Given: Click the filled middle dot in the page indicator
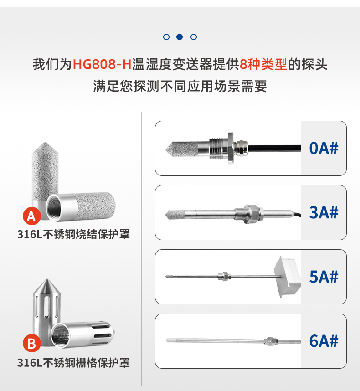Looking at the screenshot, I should coord(180,37).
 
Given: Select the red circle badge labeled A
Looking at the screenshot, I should coord(31,216).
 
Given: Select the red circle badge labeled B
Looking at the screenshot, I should coord(31,343).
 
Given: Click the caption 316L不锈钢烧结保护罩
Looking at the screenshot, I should coord(73,235).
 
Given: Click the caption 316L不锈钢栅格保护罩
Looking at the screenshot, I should coord(73,363).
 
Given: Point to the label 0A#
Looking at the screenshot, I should coord(324,148).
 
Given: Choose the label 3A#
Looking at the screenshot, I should coord(324,212).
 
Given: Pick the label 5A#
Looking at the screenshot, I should coord(324,277).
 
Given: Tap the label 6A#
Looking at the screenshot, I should coord(324,341).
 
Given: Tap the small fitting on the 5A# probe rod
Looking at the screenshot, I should coord(224,276).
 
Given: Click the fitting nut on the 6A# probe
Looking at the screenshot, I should coord(273,340).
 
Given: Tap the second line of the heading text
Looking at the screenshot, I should coord(180,86).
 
